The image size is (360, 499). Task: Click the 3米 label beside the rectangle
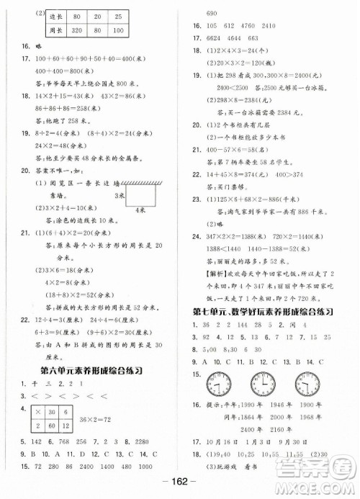[x=117, y=194]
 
